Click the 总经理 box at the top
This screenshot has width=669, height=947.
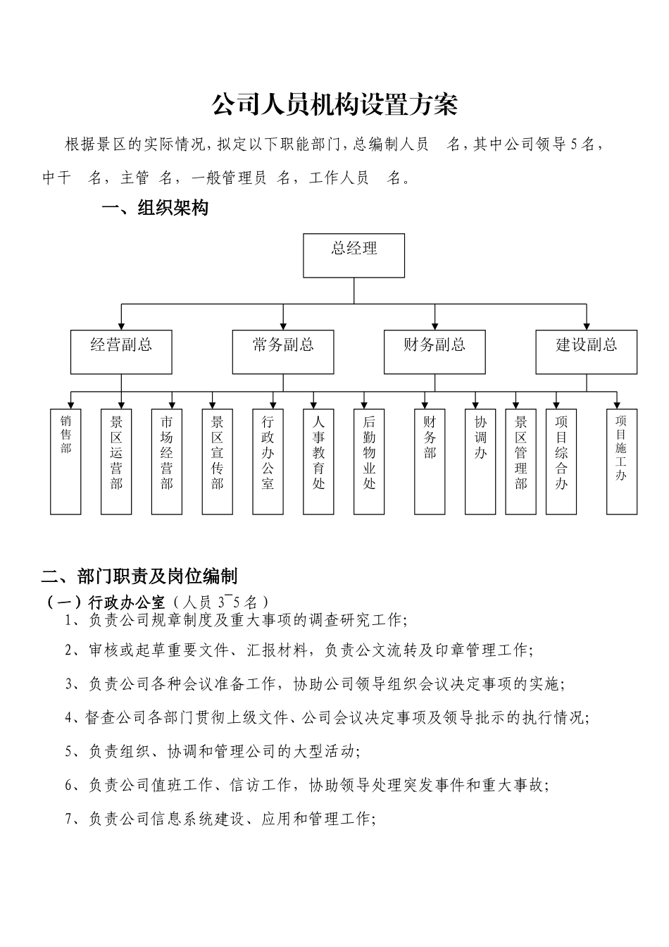354,255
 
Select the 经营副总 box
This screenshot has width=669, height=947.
121,352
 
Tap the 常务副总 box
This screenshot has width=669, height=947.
283,352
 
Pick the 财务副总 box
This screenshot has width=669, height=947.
434,352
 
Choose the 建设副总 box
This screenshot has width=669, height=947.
586,352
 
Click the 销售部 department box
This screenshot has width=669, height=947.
65,461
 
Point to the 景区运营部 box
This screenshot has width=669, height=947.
116,461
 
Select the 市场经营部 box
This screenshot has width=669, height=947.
167,461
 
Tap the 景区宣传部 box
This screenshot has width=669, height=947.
218,461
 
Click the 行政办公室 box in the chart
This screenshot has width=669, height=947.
268,461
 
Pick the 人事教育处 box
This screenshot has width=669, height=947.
318,461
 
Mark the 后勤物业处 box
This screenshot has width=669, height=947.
369,461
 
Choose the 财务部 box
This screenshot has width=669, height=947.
430,461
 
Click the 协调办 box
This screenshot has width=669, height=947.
480,461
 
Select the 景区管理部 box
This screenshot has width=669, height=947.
520,461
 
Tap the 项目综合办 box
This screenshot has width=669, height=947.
561,461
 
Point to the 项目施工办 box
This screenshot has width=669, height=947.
621,461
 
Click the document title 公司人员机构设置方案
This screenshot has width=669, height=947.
334,106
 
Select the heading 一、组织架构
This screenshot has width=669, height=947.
155,209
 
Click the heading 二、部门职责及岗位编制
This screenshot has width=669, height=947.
139,576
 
